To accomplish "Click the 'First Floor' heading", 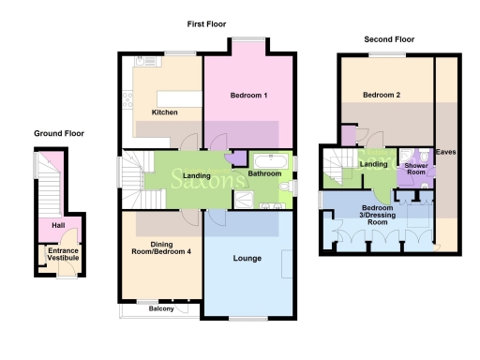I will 205,23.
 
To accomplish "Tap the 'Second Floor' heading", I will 389,39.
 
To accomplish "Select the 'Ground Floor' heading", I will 58,133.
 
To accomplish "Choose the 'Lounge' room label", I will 247,257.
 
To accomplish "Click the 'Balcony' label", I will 160,307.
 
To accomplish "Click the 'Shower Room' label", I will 415,169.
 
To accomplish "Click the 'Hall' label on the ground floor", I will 58,225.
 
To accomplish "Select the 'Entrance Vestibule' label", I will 63,255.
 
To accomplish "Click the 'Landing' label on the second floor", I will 374,165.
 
